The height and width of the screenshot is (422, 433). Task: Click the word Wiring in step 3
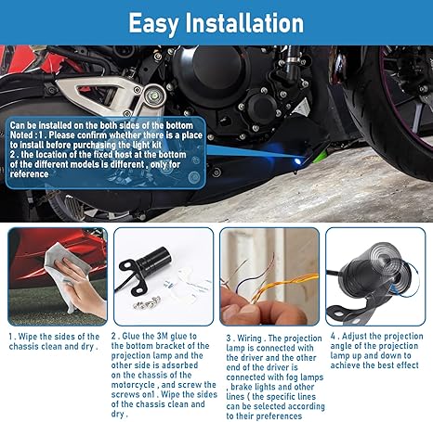pos(252,337)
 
